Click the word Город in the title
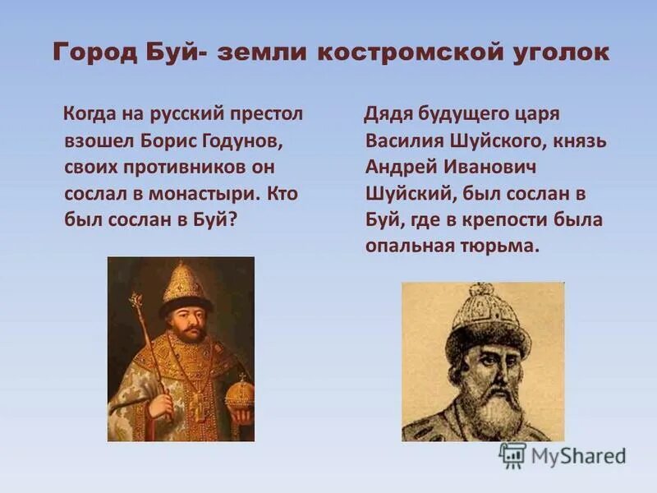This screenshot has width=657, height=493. coord(89,53)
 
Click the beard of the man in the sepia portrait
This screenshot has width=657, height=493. coord(491,403)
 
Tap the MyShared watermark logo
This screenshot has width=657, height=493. coord(563,454)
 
